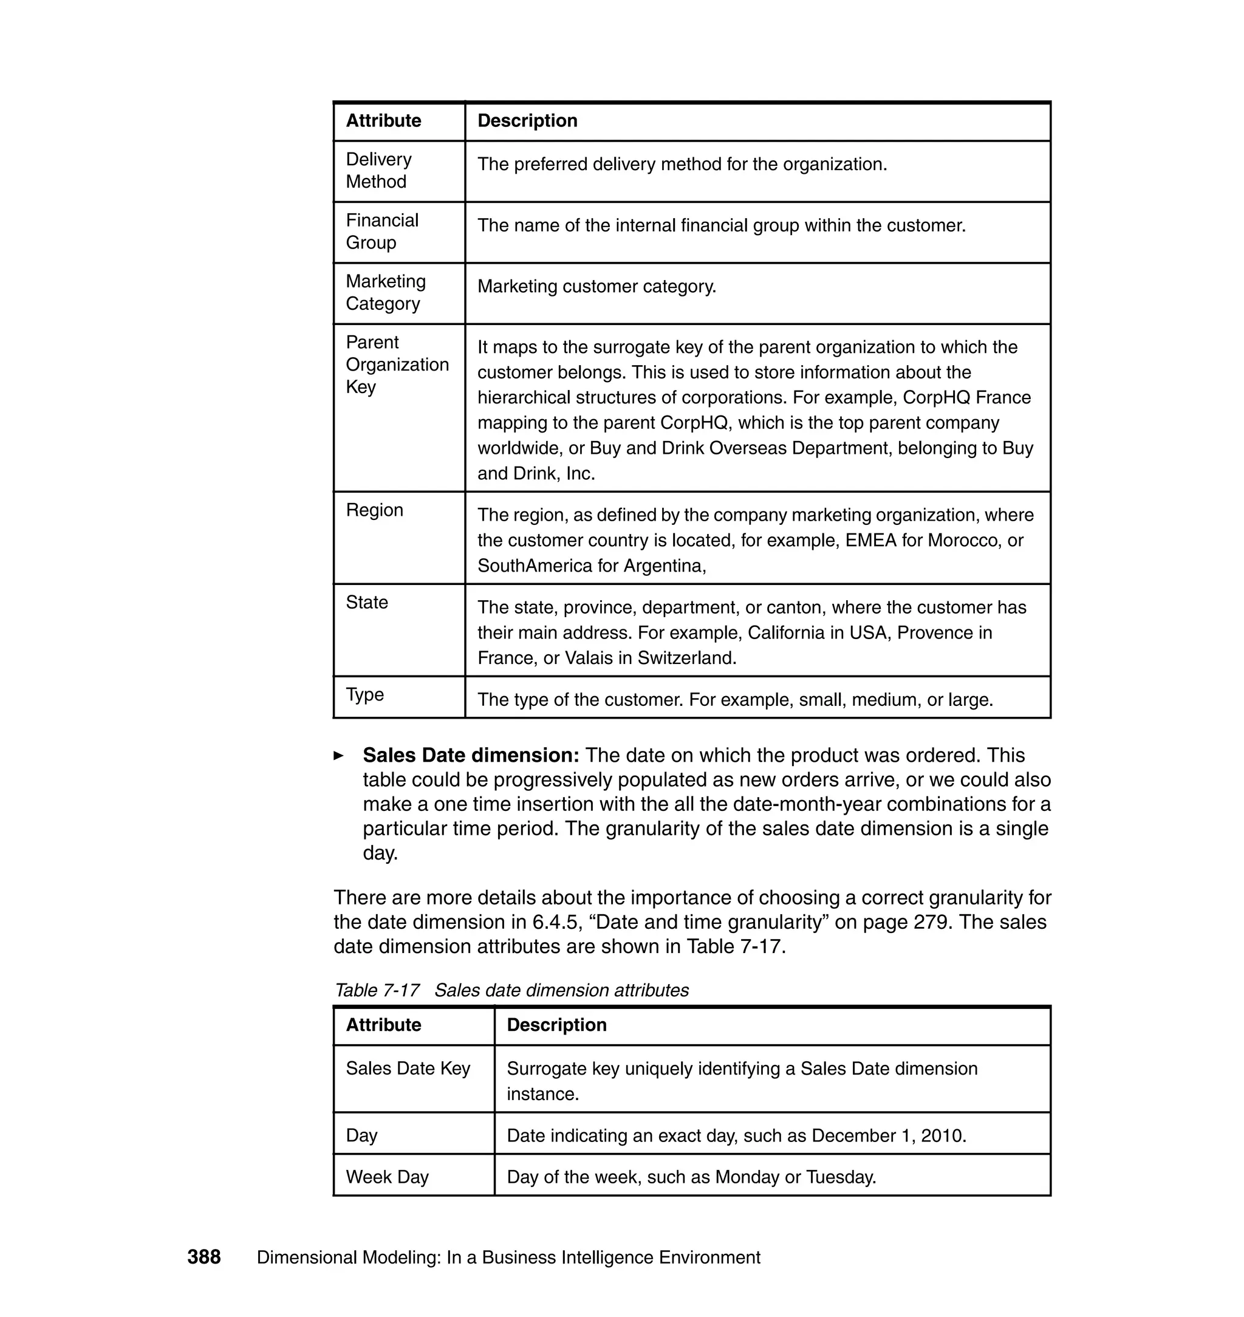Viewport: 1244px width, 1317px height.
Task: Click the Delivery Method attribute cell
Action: [x=378, y=171]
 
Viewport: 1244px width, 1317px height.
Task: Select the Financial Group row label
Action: [x=382, y=231]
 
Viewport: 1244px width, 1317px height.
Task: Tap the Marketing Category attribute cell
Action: [x=385, y=292]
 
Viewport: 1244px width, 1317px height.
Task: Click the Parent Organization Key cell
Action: [x=397, y=364]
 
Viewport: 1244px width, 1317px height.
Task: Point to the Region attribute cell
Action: [x=375, y=510]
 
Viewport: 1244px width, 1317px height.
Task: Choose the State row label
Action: [x=367, y=602]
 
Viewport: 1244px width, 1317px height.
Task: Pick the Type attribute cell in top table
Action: [x=364, y=694]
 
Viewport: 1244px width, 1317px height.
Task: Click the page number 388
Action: [x=203, y=1257]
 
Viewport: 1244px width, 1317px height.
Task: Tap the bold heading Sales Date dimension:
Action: [x=471, y=755]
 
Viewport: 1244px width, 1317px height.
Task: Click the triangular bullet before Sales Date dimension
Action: [x=338, y=755]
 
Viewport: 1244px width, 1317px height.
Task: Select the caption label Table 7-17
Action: [x=377, y=990]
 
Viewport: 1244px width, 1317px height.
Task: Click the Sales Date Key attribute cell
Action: [x=408, y=1069]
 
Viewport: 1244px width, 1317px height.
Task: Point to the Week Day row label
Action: [x=388, y=1177]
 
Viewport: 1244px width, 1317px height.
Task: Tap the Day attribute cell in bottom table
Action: [x=361, y=1135]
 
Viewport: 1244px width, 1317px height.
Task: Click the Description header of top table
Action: [x=527, y=121]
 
